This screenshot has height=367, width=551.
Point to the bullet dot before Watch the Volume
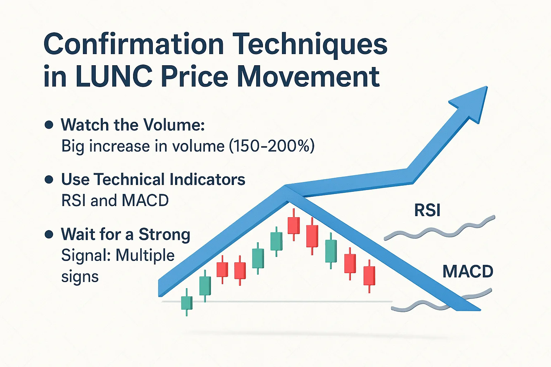click(x=49, y=125)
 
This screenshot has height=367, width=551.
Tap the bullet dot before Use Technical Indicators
click(x=49, y=180)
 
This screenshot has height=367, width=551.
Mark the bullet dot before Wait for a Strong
click(x=49, y=234)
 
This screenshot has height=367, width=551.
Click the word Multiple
click(x=145, y=256)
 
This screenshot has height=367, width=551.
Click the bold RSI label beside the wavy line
click(x=427, y=210)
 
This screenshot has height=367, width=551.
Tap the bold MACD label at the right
click(x=468, y=271)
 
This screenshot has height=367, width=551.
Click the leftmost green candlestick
click(x=187, y=302)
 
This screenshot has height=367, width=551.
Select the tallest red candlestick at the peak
click(x=294, y=225)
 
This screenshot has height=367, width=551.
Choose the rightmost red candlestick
click(x=369, y=276)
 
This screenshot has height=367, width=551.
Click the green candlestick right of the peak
click(x=331, y=251)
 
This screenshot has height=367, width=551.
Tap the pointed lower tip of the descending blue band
click(x=480, y=310)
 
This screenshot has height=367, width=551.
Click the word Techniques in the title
click(x=310, y=44)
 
